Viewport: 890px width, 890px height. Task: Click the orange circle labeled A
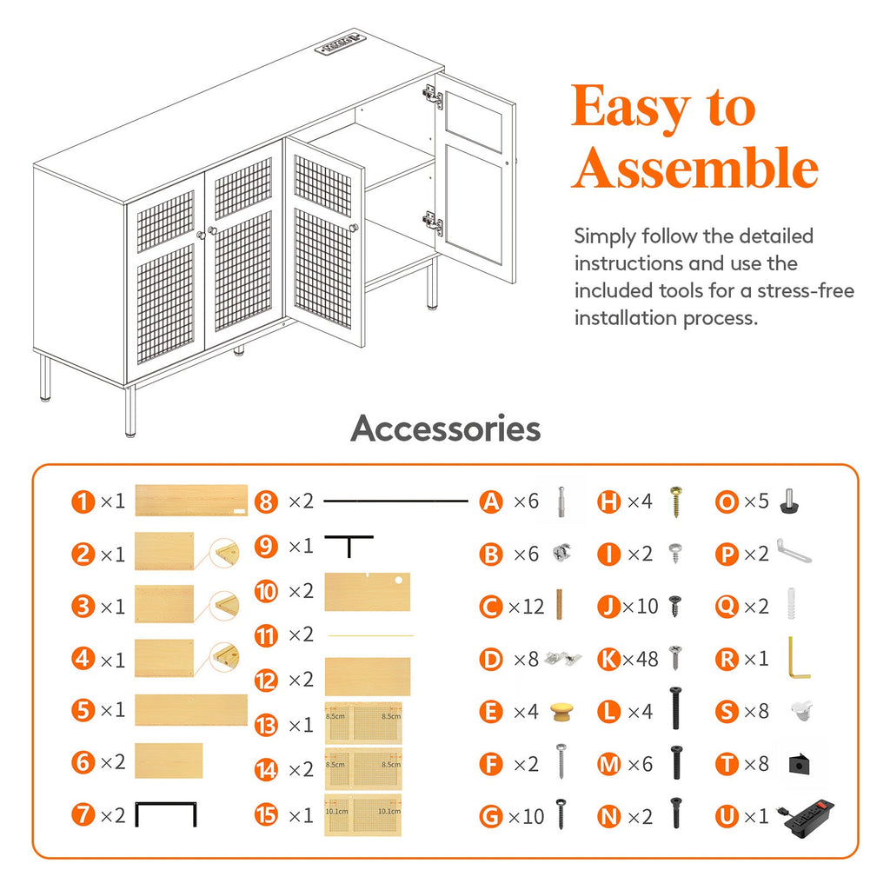[x=491, y=501]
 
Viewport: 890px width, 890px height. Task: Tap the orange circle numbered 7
[x=83, y=815]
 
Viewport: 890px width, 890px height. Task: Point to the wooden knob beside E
[x=562, y=711]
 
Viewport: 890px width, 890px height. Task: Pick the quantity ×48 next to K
[x=641, y=659]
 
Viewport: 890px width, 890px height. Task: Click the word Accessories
[x=446, y=428]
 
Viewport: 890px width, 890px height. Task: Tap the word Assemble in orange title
[x=694, y=168]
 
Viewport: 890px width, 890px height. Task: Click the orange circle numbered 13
[x=266, y=725]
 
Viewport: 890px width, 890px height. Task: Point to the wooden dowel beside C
[x=559, y=604]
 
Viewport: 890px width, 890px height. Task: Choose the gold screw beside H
[x=675, y=501]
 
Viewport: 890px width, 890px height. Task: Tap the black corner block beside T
[x=799, y=764]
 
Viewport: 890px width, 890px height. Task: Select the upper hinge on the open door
[x=433, y=96]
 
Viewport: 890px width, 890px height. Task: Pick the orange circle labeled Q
[x=727, y=607]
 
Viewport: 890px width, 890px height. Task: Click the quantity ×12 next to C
[x=526, y=607]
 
